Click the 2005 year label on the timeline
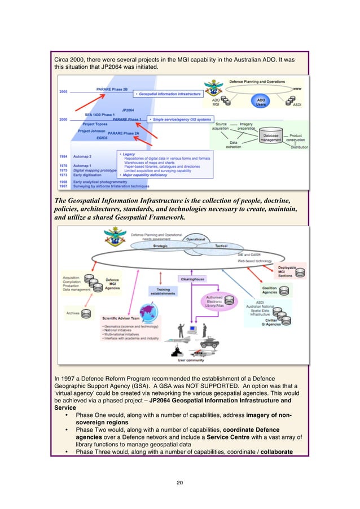[65, 91]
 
